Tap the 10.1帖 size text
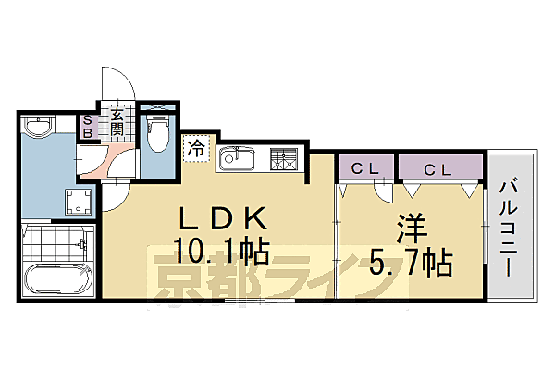tap(222, 252)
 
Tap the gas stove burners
tap(284, 159)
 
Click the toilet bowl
tap(158, 132)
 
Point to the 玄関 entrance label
tap(118, 122)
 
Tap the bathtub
tap(56, 277)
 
